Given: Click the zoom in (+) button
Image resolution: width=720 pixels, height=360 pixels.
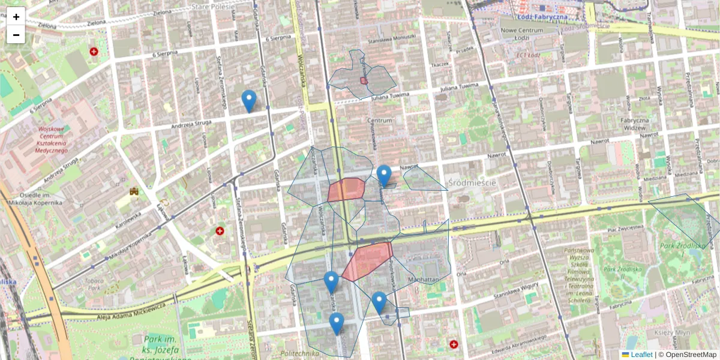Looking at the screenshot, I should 16,17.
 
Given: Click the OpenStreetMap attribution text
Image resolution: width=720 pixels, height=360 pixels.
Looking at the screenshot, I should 691,355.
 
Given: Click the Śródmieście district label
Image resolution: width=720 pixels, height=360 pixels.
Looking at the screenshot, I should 472,182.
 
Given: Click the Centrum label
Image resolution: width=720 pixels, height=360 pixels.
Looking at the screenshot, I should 379,121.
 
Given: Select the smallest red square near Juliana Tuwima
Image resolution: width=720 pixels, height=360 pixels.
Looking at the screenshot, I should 364,80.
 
